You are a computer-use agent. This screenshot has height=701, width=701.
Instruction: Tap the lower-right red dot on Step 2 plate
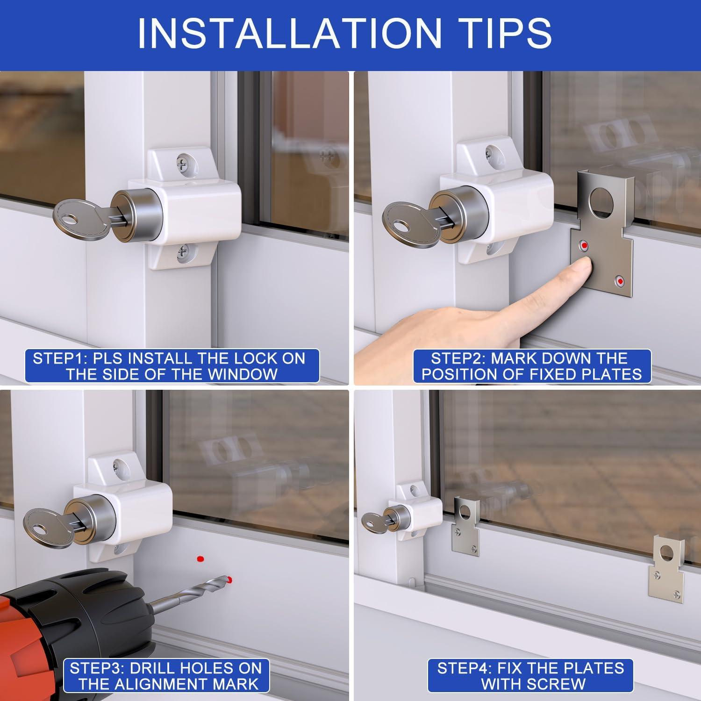pyautogui.click(x=620, y=281)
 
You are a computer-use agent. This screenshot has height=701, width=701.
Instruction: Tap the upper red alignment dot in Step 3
pyautogui.click(x=200, y=558)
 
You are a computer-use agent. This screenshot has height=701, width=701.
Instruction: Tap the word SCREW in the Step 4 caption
pyautogui.click(x=556, y=684)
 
